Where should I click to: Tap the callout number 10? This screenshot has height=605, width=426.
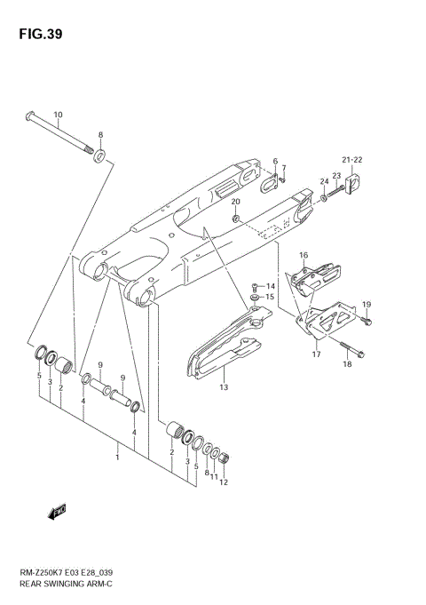point(58,115)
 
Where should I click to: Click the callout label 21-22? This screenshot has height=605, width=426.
point(353,160)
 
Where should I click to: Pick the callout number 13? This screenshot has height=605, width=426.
point(224,387)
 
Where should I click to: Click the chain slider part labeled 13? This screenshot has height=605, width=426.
point(222,351)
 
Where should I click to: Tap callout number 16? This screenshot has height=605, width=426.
point(303,256)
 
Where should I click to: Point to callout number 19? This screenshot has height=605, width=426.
point(366,305)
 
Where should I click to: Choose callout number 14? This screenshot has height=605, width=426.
point(271,286)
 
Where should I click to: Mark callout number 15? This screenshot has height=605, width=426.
point(271,297)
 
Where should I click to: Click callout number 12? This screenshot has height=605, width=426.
point(224,483)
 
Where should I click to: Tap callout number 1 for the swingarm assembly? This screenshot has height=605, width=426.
point(116,457)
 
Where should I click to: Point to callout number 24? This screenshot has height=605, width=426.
point(324,181)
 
